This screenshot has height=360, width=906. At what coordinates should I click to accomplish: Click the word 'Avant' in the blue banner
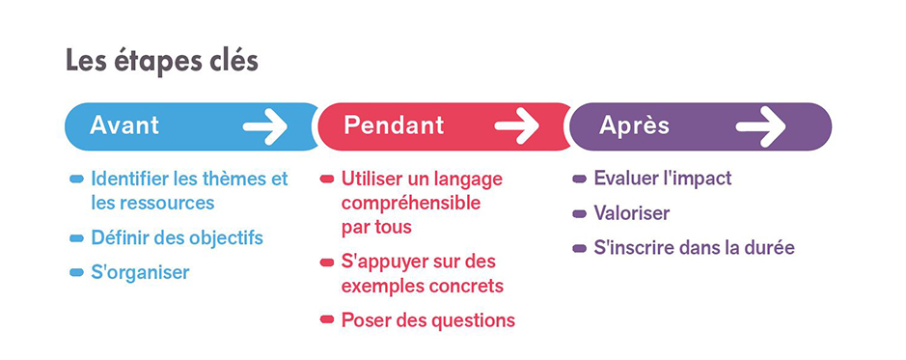pos(124,125)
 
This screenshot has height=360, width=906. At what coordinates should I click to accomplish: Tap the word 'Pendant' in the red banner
pos(394,125)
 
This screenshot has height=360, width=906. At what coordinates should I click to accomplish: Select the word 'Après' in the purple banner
pos(634,125)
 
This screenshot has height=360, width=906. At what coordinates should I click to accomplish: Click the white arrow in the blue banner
pos(264,126)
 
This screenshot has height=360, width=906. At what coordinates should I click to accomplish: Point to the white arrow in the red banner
pos(516,126)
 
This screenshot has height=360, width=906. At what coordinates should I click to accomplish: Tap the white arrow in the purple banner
pos(760,126)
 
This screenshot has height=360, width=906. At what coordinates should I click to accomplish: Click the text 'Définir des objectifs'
pos(177,237)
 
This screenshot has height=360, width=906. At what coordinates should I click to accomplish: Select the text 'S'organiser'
pos(141,273)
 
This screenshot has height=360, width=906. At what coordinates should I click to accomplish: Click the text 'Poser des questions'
pos(428,320)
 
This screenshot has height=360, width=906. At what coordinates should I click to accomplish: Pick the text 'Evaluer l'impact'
pos(663,178)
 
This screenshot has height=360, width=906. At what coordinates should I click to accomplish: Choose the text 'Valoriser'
pos(632,213)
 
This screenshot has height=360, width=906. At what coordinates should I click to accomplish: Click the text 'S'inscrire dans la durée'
pos(695,248)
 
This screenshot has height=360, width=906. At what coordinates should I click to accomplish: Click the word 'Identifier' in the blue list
pos(130,178)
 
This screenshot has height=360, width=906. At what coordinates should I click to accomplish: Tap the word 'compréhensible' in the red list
pos(411,204)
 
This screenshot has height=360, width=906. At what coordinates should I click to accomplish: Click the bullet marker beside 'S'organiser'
pos(76,273)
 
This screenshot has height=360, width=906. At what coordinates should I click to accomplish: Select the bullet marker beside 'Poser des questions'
pos(327,319)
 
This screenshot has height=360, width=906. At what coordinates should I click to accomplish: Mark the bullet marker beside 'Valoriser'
pos(579,214)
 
